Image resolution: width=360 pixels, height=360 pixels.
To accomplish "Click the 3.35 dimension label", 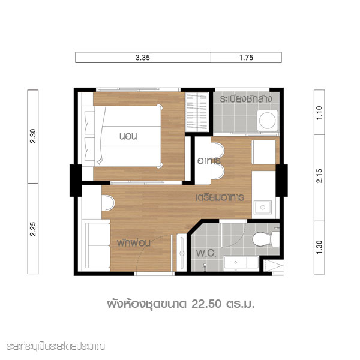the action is point(143,58).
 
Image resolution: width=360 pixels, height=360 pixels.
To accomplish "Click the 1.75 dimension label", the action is point(246,58).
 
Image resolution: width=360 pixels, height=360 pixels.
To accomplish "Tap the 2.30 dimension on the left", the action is point(33,136).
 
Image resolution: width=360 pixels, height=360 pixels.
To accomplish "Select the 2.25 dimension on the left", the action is point(33,229).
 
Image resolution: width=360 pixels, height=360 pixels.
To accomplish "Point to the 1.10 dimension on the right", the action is point(319,113).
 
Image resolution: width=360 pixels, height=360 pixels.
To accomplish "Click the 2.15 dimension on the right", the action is point(319,176).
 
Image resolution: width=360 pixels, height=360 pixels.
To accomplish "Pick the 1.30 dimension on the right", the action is point(319,247).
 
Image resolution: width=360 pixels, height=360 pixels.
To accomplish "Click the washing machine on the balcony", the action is point(268,121).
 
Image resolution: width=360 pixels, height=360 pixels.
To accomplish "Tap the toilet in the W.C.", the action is point(266,239).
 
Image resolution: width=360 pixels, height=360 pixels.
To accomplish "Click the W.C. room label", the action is point(206,253).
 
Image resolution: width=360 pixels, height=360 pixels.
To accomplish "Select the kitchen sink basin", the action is point(263,208).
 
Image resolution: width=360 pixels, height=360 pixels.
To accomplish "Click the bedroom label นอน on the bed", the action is point(128,136).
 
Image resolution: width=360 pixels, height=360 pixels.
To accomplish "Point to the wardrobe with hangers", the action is point(197,112).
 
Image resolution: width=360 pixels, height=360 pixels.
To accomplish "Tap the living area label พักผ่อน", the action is point(133,242).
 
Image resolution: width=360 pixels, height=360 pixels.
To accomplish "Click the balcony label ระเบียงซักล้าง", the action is point(246,99).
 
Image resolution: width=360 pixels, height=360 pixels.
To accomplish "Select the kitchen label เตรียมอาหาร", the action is point(220,197).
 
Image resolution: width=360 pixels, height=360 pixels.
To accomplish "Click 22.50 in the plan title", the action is point(206,304).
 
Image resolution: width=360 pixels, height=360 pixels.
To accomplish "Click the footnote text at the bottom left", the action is point(56,347).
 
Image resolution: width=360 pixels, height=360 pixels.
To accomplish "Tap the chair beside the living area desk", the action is point(108,203).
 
